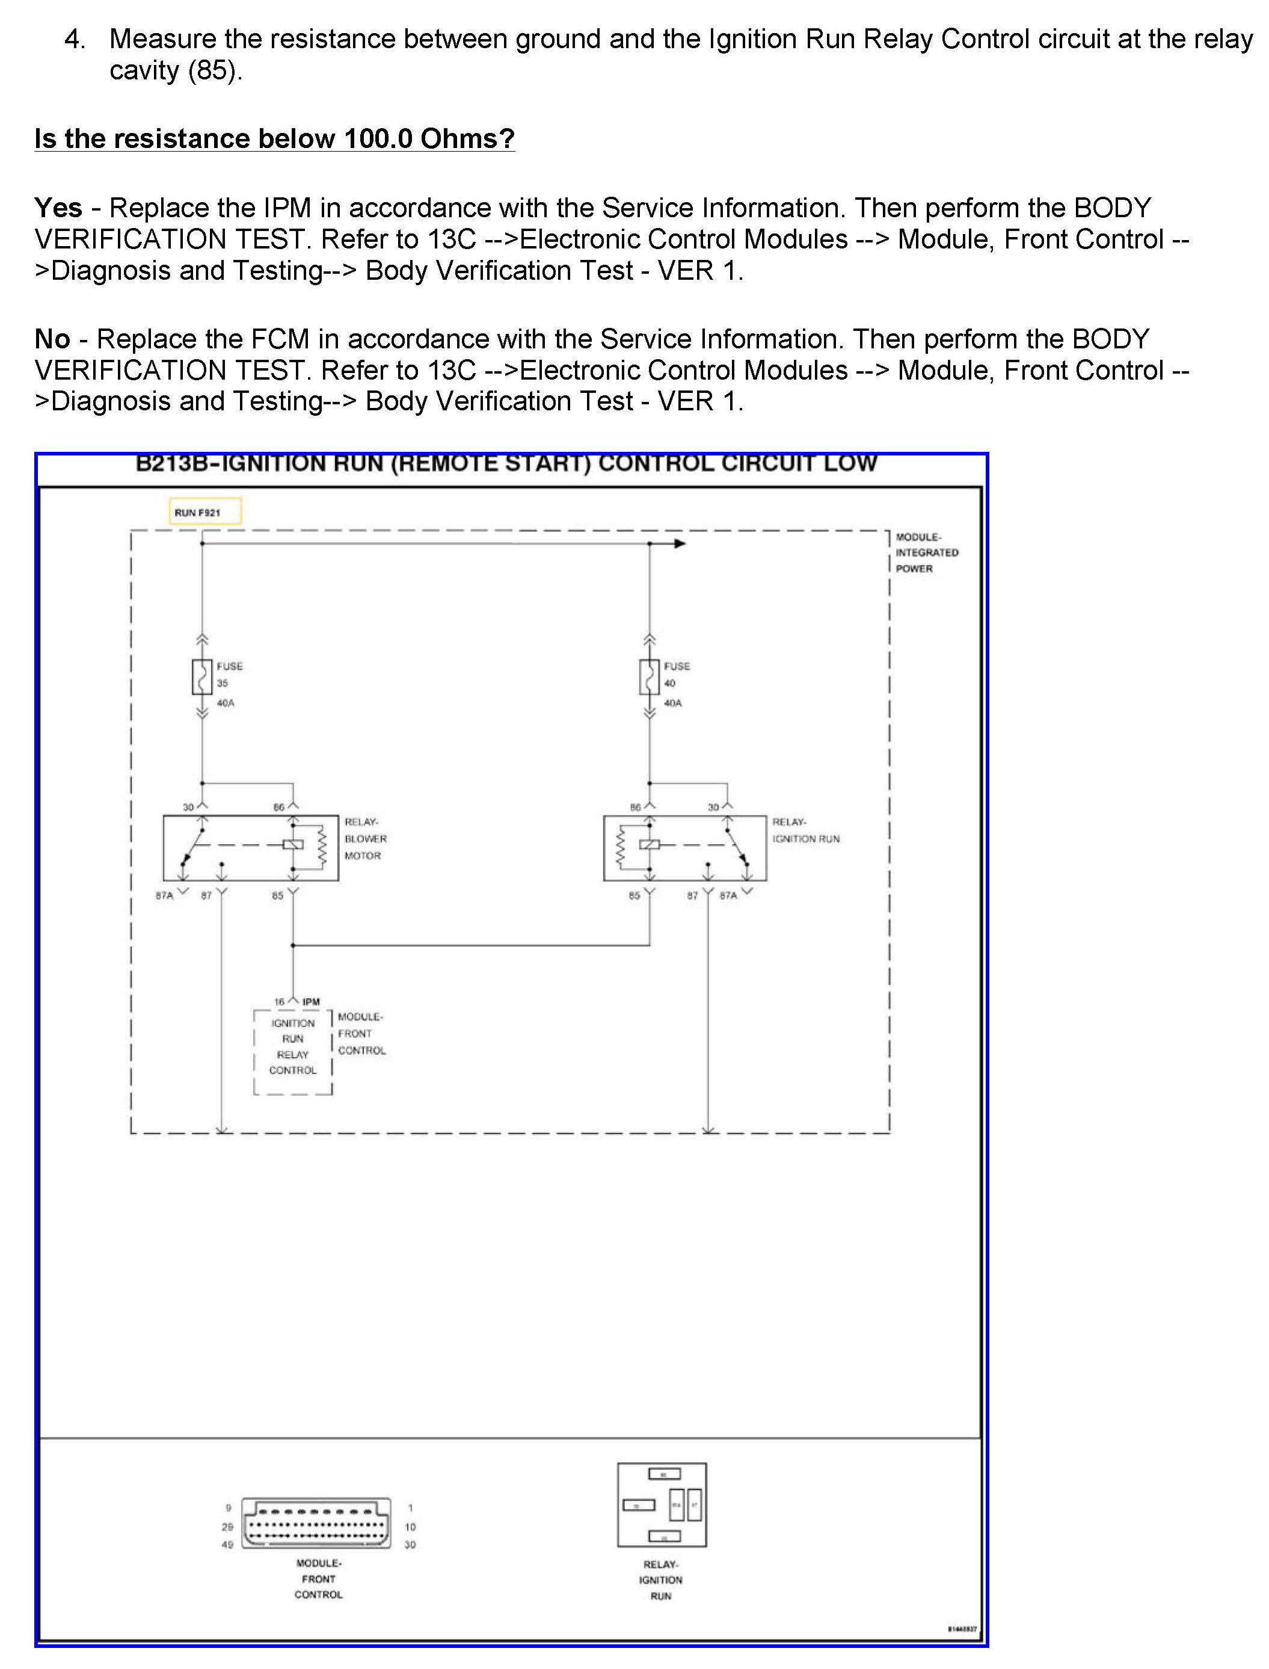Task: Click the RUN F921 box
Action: pos(204,511)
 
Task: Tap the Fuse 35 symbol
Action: pos(201,677)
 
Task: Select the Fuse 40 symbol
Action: pos(649,677)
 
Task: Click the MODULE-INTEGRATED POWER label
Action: pos(926,552)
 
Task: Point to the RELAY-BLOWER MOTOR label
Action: pos(365,839)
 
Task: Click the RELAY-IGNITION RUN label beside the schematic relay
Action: pos(805,830)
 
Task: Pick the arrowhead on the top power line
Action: pos(679,543)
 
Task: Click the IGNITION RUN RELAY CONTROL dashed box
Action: pos(293,1051)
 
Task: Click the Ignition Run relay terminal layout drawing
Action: pos(662,1504)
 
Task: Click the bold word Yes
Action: pos(58,207)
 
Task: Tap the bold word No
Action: pos(52,339)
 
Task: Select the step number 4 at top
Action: pos(73,39)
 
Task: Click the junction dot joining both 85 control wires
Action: pos(293,945)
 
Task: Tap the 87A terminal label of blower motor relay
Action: pos(164,895)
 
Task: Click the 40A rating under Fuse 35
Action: pos(225,703)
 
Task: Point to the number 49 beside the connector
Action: pos(227,1544)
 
